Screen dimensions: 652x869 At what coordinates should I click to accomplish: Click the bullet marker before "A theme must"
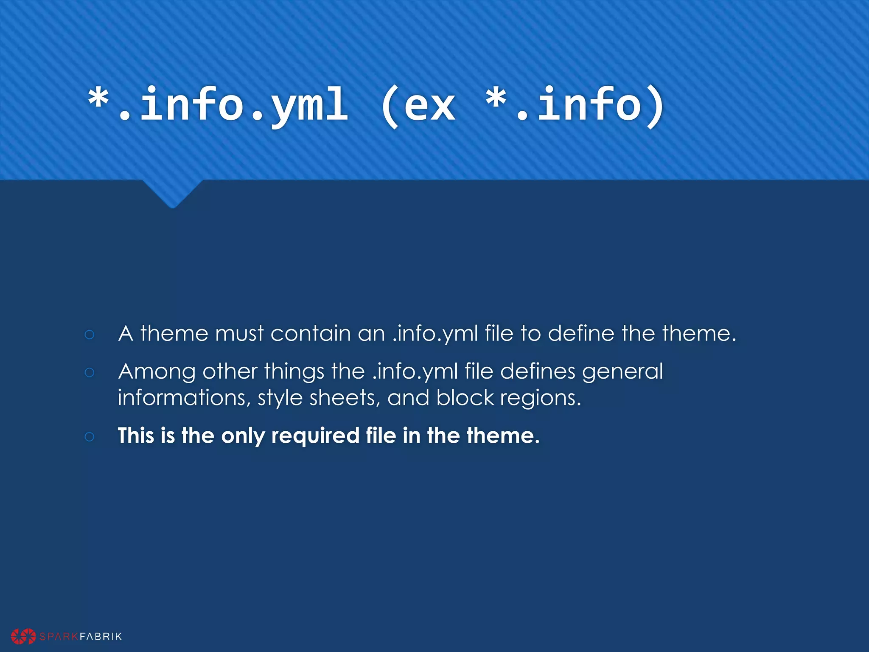pyautogui.click(x=89, y=334)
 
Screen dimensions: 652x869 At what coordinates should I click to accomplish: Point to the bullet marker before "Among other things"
pyautogui.click(x=89, y=373)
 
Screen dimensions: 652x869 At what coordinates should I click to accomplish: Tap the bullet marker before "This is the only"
pyautogui.click(x=89, y=436)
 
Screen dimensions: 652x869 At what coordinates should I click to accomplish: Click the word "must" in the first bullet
pyautogui.click(x=239, y=334)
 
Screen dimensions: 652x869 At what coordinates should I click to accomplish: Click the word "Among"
pyautogui.click(x=157, y=372)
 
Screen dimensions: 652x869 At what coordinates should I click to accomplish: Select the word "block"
pyautogui.click(x=465, y=398)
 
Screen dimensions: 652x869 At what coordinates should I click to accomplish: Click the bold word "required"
pyautogui.click(x=315, y=436)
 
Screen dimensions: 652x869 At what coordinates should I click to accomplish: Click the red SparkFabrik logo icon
pyautogui.click(x=23, y=636)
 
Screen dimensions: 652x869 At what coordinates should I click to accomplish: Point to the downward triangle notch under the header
pyautogui.click(x=172, y=194)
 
